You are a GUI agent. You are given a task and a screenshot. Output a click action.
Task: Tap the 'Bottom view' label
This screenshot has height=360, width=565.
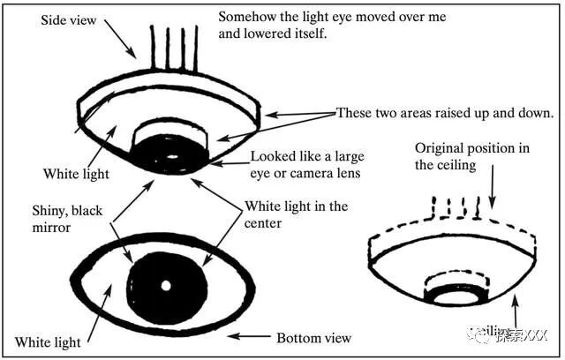pyautogui.click(x=313, y=338)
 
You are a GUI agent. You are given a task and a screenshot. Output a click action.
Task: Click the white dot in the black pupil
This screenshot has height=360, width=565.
pyautogui.click(x=165, y=286)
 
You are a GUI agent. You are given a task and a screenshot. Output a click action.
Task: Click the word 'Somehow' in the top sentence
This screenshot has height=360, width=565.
pyautogui.click(x=245, y=17)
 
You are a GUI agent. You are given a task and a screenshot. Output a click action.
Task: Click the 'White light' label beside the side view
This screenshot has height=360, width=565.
pyautogui.click(x=75, y=174)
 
